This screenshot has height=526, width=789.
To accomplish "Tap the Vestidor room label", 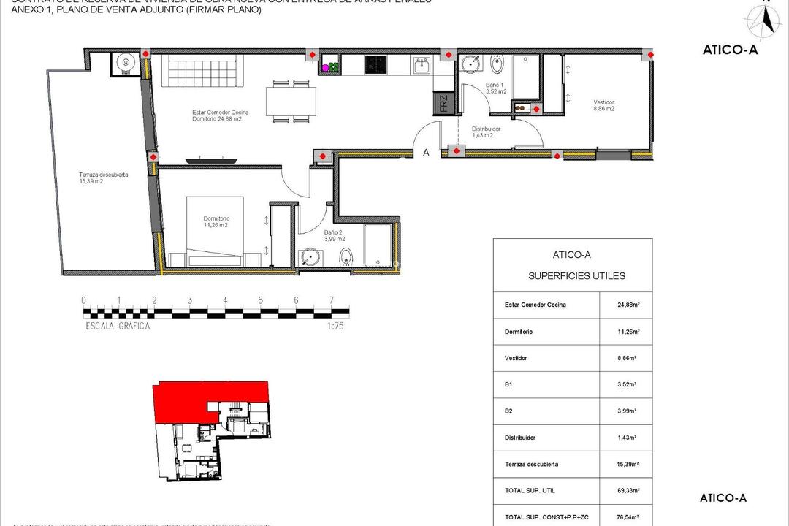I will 603,104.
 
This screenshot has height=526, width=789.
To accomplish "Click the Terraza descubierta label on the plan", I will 104,178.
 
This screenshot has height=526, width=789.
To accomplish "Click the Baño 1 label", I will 497,88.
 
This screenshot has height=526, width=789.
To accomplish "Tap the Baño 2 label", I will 333,235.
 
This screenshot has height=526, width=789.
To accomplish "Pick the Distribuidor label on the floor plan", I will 483,131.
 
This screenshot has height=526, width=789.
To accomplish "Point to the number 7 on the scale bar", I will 332,300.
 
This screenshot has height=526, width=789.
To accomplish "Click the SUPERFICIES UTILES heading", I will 577,276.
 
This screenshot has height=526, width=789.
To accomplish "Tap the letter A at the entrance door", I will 426,153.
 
